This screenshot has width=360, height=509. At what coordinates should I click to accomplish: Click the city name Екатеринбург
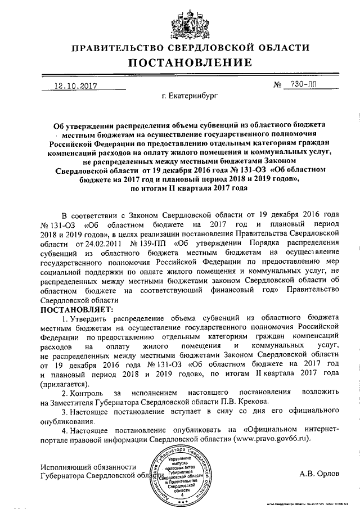(x=189, y=97)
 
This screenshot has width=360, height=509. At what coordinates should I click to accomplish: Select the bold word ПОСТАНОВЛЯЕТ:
(x=76, y=309)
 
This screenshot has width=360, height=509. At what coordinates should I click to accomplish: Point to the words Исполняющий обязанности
(x=88, y=466)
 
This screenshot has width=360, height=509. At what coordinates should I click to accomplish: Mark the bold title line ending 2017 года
(x=181, y=190)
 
